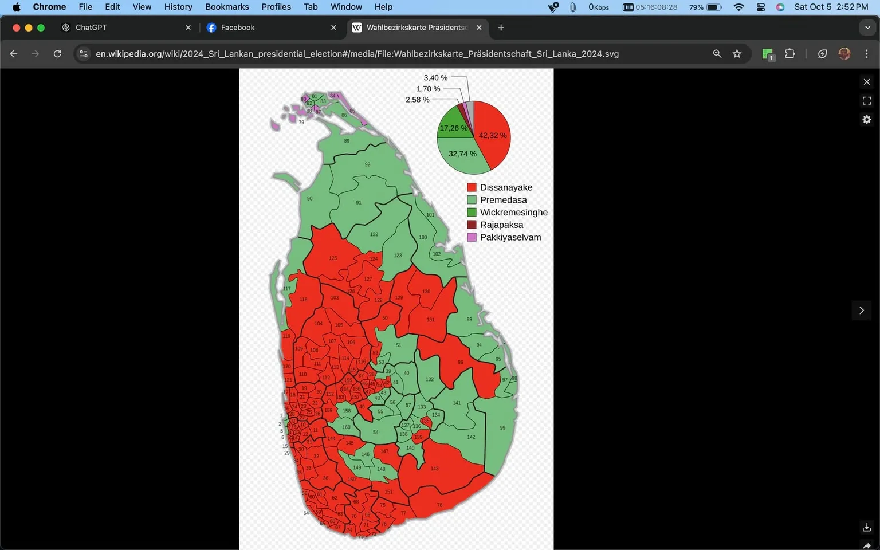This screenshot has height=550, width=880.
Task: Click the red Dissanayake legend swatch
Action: click(472, 187)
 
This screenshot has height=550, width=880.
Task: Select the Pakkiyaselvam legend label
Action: click(510, 237)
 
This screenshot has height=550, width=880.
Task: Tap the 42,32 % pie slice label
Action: click(493, 136)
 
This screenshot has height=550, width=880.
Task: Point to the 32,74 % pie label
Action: click(462, 154)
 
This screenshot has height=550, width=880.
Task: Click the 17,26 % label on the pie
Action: click(453, 128)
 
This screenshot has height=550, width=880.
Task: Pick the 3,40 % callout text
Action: click(435, 78)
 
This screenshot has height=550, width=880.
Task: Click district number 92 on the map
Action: click(367, 164)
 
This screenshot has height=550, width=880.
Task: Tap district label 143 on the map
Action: click(434, 469)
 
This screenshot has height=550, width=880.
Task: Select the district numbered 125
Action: click(333, 258)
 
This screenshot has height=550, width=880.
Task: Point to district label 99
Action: click(502, 428)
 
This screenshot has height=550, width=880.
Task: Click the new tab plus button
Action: click(501, 27)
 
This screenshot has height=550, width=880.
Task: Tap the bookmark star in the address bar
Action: click(737, 54)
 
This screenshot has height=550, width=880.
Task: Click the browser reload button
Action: click(57, 54)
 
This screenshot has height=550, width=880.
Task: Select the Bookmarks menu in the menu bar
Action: click(227, 7)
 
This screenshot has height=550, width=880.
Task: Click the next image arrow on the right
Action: click(861, 311)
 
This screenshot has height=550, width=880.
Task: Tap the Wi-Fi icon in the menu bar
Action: click(738, 7)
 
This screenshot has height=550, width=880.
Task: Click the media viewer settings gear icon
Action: click(866, 120)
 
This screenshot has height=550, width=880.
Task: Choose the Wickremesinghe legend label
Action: click(513, 213)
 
